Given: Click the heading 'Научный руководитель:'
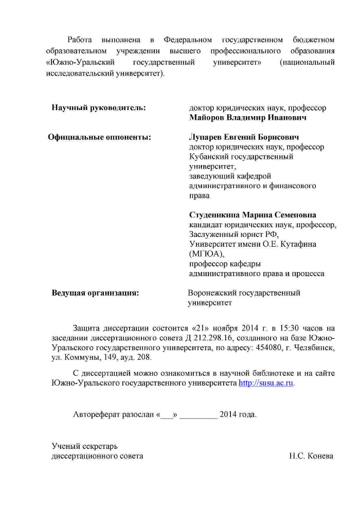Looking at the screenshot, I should [99, 108].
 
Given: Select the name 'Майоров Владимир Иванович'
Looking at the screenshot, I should [248, 118].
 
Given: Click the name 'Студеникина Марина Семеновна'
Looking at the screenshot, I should [253, 215].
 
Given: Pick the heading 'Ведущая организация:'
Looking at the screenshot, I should [95, 293].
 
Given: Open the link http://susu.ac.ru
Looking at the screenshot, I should [266, 383].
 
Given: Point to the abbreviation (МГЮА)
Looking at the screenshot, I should [207, 254].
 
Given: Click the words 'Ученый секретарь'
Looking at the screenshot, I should [78, 446].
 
